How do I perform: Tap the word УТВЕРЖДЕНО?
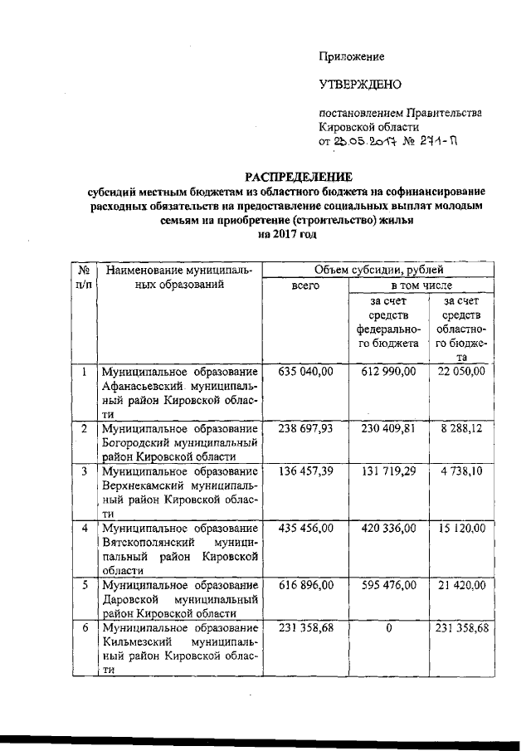point(360,85)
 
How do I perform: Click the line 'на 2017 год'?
point(287,236)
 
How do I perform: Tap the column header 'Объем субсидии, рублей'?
point(378,270)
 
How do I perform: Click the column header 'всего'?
point(304,285)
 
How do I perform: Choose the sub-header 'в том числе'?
point(422,285)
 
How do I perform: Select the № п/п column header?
point(84,277)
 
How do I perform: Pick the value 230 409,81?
point(389,430)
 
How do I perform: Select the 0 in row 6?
point(388,628)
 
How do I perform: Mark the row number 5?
point(84,585)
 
